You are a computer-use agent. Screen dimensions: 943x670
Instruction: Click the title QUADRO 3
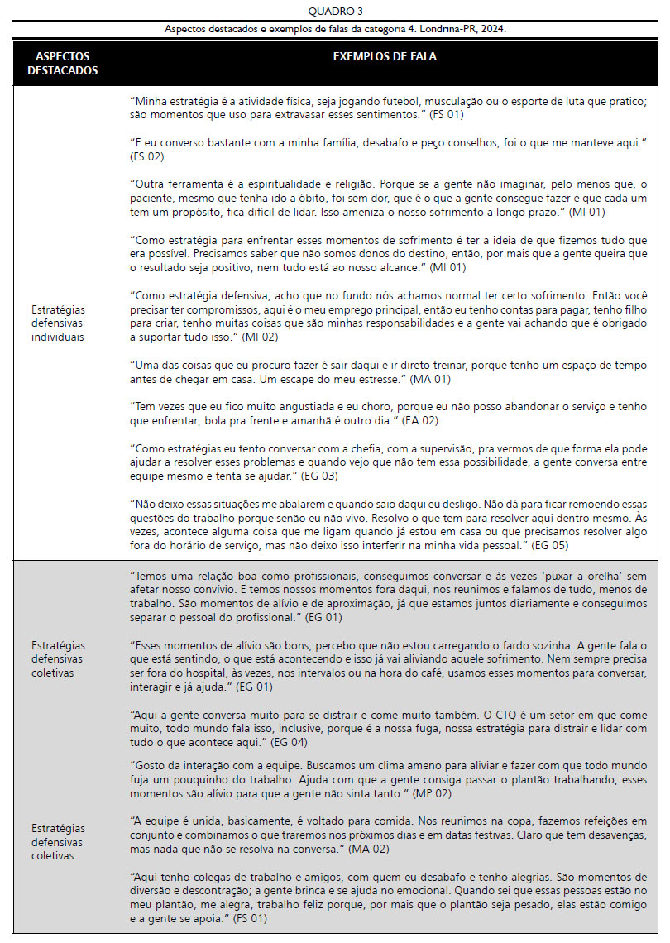(x=334, y=11)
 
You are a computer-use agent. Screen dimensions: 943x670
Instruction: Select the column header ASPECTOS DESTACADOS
(x=63, y=63)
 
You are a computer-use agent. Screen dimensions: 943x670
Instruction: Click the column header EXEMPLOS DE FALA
(x=385, y=57)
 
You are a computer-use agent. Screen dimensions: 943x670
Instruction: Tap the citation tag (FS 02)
(x=146, y=156)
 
